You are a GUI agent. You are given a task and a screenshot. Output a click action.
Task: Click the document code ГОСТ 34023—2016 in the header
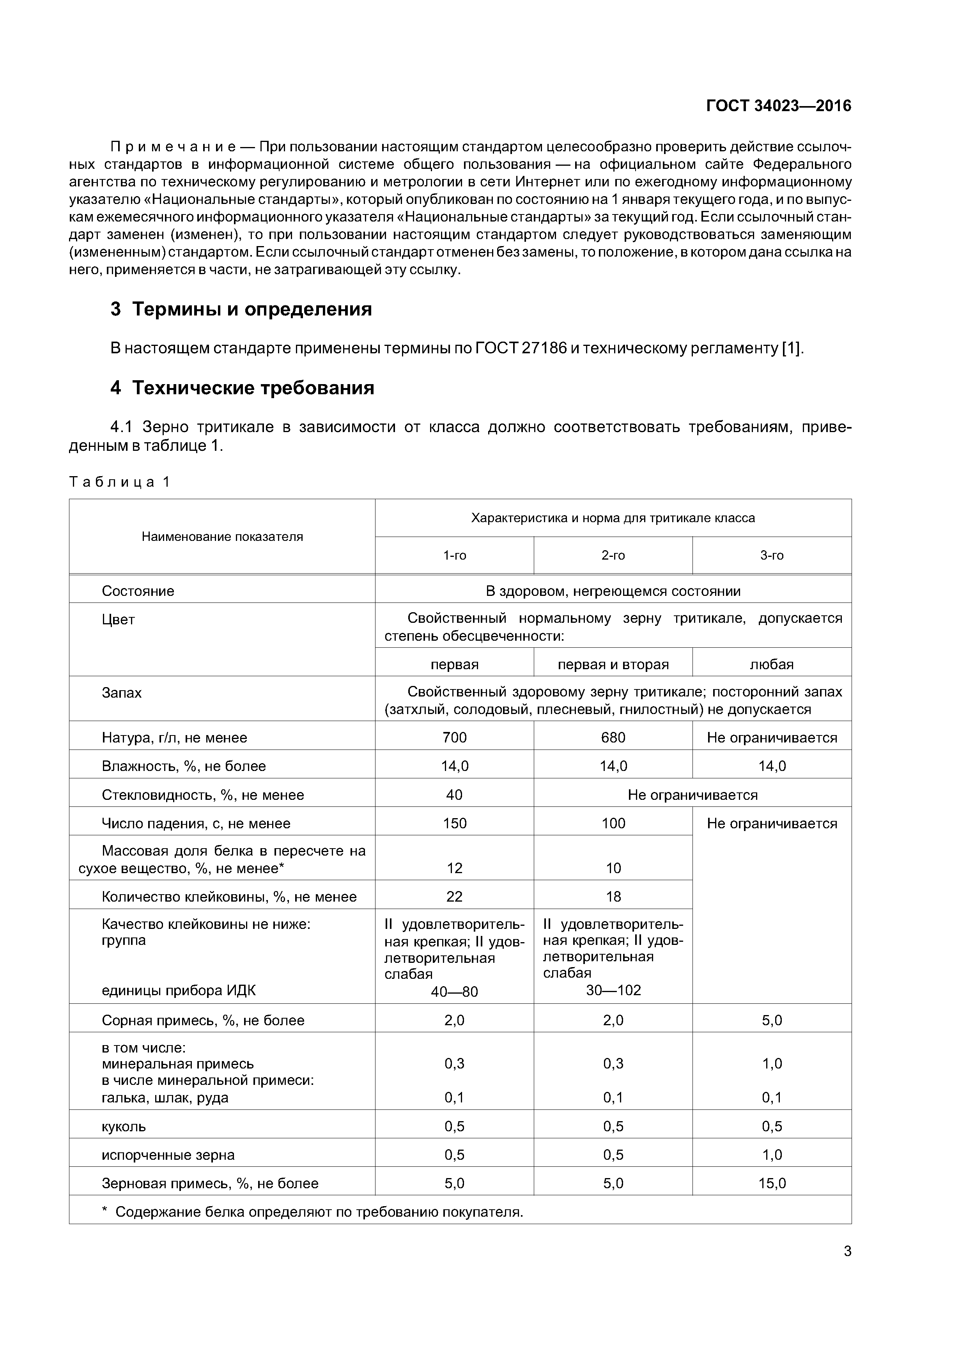(x=778, y=106)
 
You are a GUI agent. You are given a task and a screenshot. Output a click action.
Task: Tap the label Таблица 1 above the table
(x=119, y=482)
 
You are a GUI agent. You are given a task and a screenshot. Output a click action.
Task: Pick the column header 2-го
(x=613, y=555)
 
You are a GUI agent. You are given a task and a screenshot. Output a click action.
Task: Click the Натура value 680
(x=613, y=738)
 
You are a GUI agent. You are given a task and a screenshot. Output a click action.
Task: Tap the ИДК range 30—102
(x=613, y=990)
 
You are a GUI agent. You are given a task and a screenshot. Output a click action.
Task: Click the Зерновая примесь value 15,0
(x=772, y=1183)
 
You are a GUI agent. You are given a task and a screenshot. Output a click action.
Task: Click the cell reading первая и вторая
(x=613, y=665)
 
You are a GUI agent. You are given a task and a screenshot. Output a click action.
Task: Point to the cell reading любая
(x=772, y=665)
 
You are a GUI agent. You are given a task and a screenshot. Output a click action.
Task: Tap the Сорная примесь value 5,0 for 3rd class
(x=772, y=1021)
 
